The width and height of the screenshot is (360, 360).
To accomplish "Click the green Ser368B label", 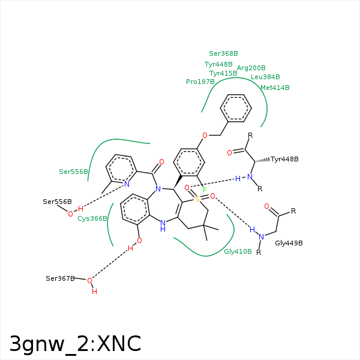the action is tap(223, 53).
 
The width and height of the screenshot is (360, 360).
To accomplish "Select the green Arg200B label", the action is tap(251, 68).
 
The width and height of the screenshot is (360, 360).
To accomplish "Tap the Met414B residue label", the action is tap(275, 88).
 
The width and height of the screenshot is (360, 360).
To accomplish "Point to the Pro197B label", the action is tap(200, 82).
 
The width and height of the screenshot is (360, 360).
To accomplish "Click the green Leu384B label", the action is tap(265, 77).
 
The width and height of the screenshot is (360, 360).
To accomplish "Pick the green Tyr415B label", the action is tap(223, 73).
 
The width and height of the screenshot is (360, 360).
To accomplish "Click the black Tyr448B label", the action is tap(284, 159).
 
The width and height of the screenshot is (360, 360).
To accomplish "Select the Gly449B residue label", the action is tap(289, 243).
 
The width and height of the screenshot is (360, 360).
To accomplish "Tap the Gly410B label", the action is tap(238, 251).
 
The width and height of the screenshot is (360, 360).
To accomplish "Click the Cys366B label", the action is tap(92, 218).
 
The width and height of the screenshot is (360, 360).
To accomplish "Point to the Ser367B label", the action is tap(60, 278).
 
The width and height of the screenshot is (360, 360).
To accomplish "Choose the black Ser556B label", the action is tap(57, 202).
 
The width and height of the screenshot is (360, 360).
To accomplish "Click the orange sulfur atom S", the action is tap(197, 199).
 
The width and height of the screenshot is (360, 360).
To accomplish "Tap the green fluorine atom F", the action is tap(205, 190).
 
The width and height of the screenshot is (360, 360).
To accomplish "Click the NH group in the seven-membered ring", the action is tap(163, 226).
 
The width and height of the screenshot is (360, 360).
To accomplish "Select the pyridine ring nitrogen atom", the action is tap(127, 184).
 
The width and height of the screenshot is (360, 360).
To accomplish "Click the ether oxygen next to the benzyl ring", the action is tap(205, 136).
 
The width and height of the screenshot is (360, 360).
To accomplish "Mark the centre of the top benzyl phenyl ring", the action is tap(236, 108).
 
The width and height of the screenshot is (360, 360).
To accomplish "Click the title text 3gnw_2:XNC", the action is tap(75, 344).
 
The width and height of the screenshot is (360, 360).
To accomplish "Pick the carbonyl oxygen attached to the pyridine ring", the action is tap(161, 162).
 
